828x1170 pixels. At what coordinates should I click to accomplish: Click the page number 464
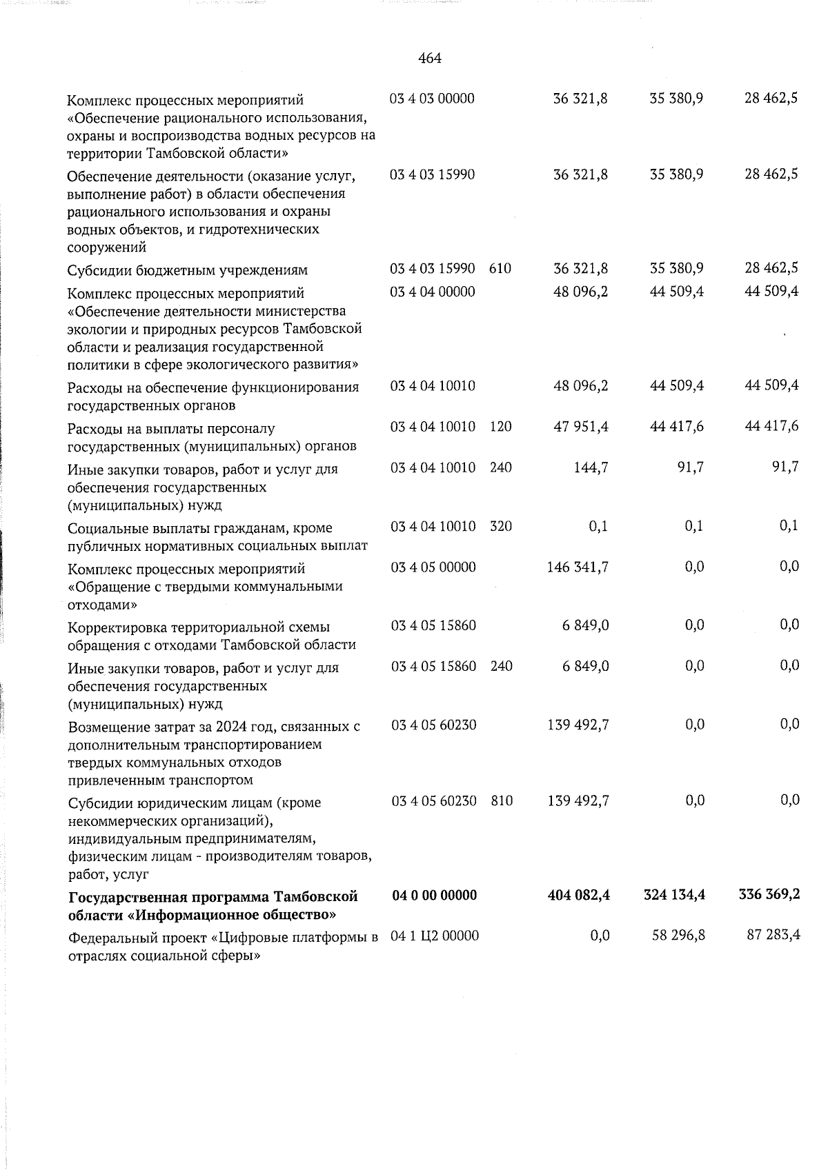[430, 59]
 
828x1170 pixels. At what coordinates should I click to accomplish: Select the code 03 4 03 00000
[432, 98]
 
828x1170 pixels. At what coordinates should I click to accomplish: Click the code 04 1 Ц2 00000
[435, 936]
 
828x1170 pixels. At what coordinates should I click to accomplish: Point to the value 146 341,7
[578, 567]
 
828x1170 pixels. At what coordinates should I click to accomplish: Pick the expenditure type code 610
[500, 268]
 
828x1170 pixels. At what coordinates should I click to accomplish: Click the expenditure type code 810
[502, 800]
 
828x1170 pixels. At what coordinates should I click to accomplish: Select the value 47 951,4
[580, 427]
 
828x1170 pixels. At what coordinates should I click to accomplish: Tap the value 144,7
[591, 467]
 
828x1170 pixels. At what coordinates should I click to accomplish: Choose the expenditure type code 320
[501, 526]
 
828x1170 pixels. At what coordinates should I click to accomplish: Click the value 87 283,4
[772, 936]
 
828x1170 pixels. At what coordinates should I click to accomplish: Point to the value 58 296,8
[677, 936]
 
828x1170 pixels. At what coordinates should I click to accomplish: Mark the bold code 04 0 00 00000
[434, 895]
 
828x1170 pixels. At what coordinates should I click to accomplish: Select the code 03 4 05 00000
[433, 567]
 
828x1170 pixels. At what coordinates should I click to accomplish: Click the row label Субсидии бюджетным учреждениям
[187, 270]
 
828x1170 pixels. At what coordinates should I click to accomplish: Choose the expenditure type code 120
[501, 427]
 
